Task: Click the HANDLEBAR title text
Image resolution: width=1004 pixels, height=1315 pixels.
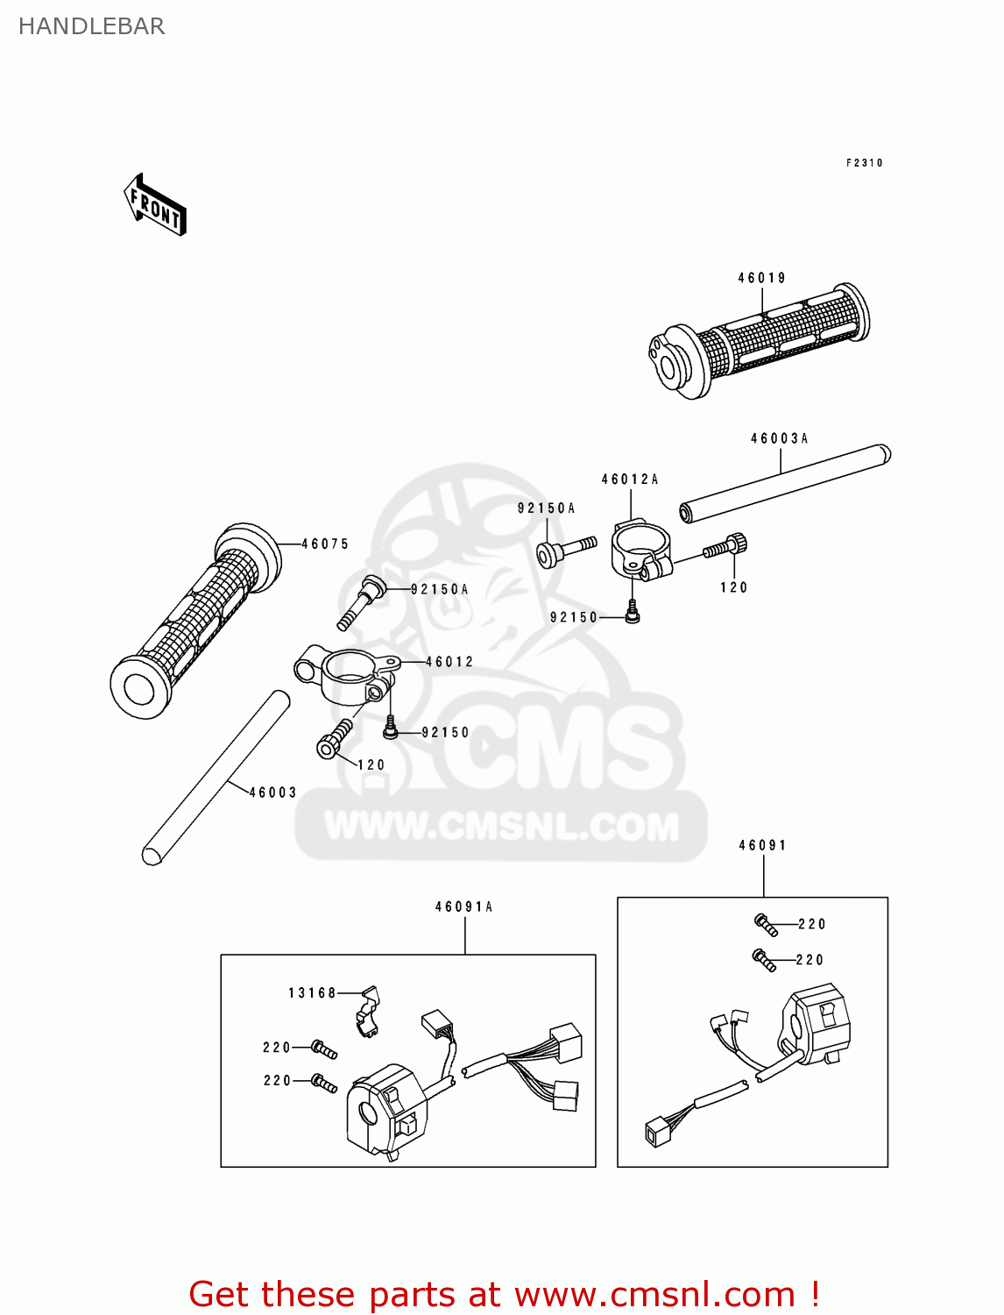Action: pyautogui.click(x=91, y=26)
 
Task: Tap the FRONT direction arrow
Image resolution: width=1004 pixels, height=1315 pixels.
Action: pyautogui.click(x=156, y=206)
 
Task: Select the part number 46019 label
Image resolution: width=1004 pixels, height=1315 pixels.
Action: pyautogui.click(x=761, y=278)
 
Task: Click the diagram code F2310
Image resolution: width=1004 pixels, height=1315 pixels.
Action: pyautogui.click(x=864, y=163)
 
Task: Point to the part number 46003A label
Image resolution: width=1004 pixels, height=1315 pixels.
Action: pyautogui.click(x=779, y=438)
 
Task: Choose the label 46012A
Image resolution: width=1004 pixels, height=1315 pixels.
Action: pyautogui.click(x=630, y=480)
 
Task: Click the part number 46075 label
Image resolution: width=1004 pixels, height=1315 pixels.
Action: pyautogui.click(x=325, y=544)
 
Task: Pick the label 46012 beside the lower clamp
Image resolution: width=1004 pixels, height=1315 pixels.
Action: pyautogui.click(x=449, y=662)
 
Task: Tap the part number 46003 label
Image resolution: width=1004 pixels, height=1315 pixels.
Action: pyautogui.click(x=273, y=793)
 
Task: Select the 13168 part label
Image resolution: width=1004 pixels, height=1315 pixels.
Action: pyautogui.click(x=312, y=993)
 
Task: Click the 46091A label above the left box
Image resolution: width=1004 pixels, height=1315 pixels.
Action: pyautogui.click(x=464, y=907)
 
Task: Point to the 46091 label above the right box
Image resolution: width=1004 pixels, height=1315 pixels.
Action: pyautogui.click(x=762, y=846)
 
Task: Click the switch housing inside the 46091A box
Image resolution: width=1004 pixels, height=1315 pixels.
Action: pyautogui.click(x=387, y=1110)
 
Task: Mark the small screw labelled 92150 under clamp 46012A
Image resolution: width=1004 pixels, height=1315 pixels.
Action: pyautogui.click(x=633, y=613)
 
